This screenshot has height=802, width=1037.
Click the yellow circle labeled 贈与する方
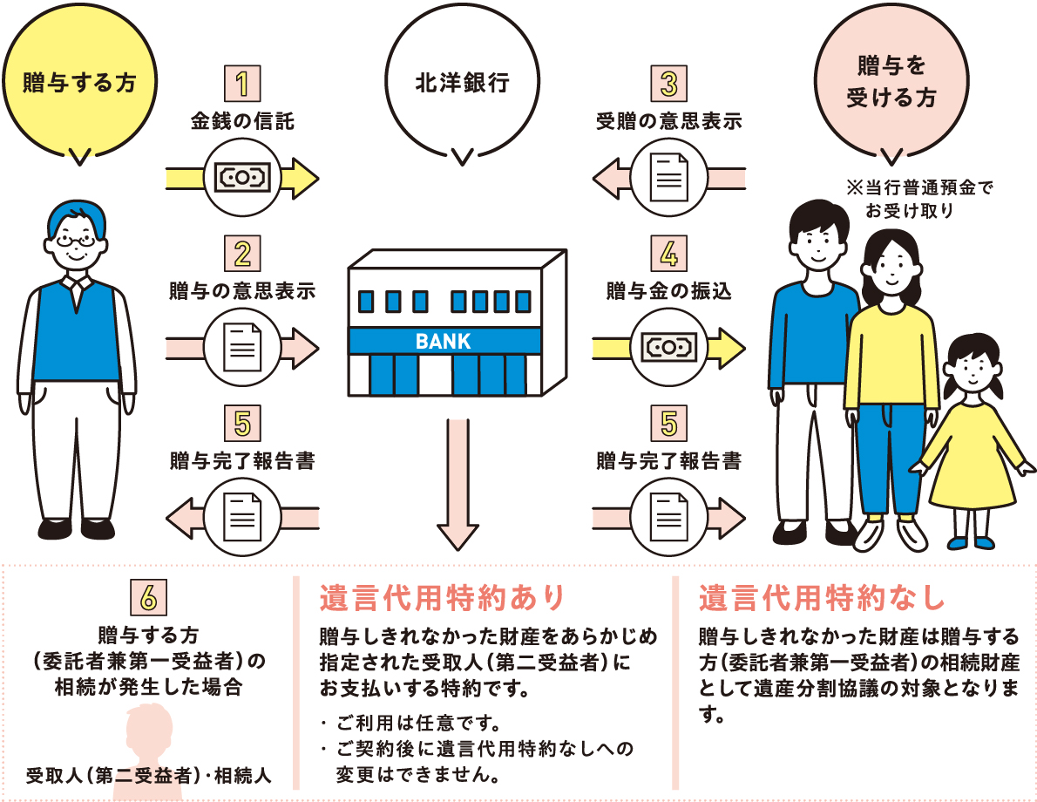pyautogui.click(x=79, y=83)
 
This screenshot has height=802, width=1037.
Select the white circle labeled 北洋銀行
pyautogui.click(x=462, y=83)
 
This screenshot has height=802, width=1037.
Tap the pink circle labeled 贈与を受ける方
pyautogui.click(x=891, y=83)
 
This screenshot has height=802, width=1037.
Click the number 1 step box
pyautogui.click(x=242, y=84)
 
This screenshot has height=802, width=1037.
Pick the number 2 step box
pyautogui.click(x=242, y=254)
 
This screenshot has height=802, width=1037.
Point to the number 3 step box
pyautogui.click(x=668, y=84)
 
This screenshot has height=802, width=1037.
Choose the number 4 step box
pyautogui.click(x=668, y=254)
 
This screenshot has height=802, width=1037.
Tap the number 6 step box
pyautogui.click(x=148, y=597)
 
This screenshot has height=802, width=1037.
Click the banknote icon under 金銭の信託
pyautogui.click(x=243, y=178)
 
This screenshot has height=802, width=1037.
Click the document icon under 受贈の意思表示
pyautogui.click(x=669, y=177)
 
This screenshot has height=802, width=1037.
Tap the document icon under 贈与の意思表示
pyautogui.click(x=243, y=348)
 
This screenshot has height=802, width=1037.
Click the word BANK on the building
pyautogui.click(x=443, y=342)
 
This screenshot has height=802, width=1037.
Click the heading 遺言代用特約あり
pyautogui.click(x=442, y=597)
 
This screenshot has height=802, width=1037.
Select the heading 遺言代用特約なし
pyautogui.click(x=822, y=597)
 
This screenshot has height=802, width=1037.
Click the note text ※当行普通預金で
pyautogui.click(x=919, y=188)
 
